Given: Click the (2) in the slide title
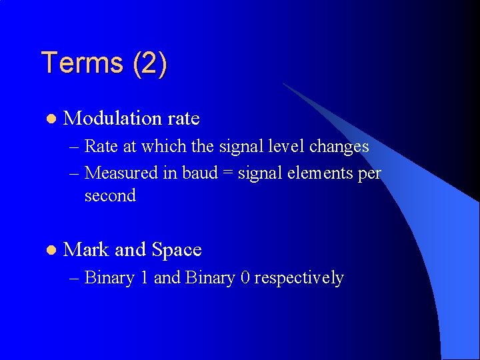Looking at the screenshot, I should (x=150, y=63).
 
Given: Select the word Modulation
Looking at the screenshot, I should (x=112, y=119).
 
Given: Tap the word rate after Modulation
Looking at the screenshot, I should (x=183, y=119).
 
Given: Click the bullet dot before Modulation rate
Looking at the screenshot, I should (x=51, y=119).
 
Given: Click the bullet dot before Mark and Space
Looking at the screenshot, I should (x=51, y=250).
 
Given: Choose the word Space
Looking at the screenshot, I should (x=177, y=250).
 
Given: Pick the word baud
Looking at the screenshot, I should (x=200, y=173).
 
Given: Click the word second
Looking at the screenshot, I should (x=110, y=196).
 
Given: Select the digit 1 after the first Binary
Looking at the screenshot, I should (x=144, y=278).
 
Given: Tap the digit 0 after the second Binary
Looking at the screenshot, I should (x=245, y=278).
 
